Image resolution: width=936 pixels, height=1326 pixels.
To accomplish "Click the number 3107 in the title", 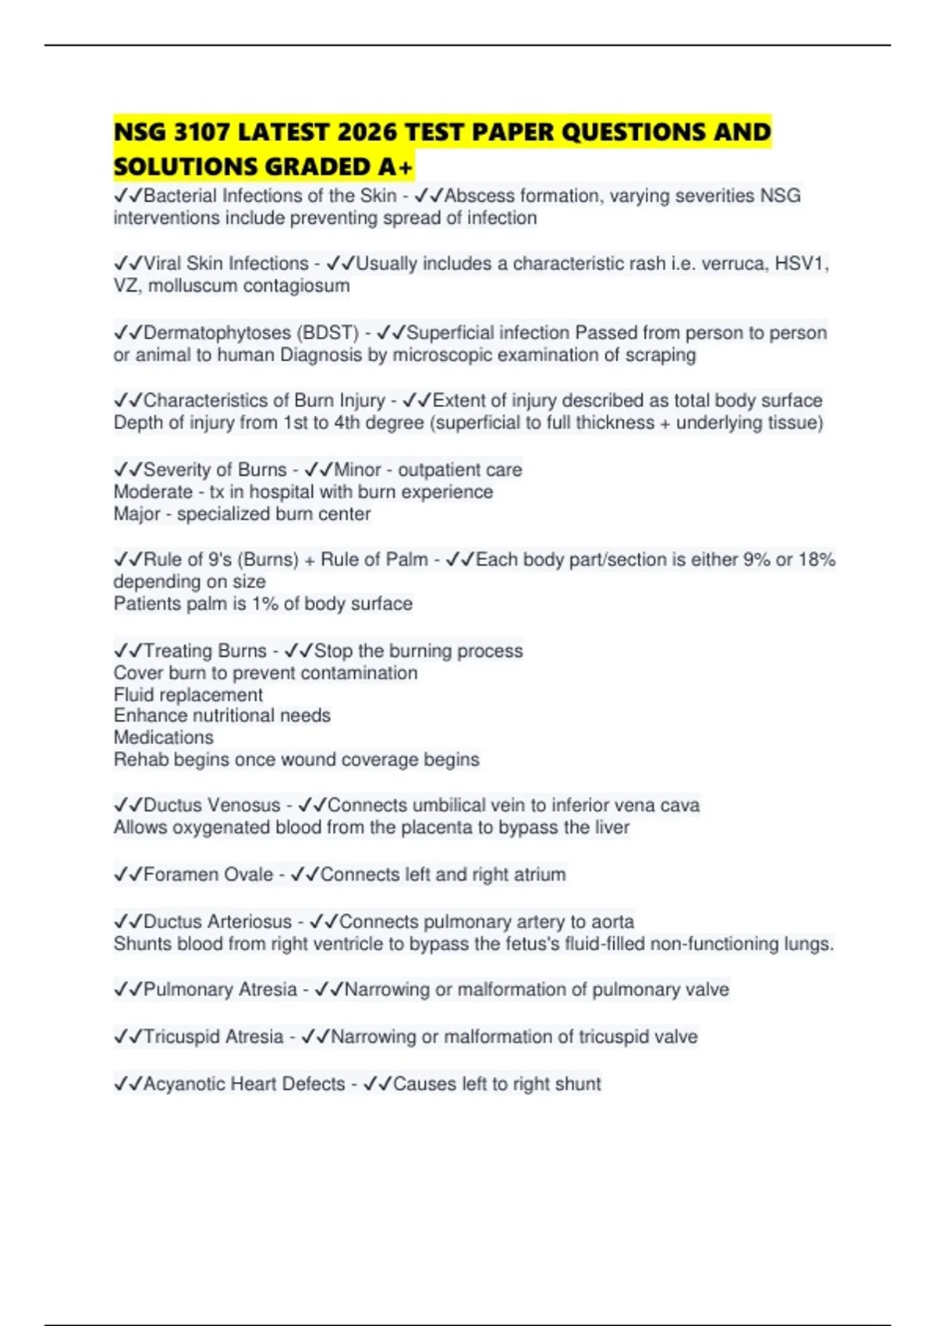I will [201, 132].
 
